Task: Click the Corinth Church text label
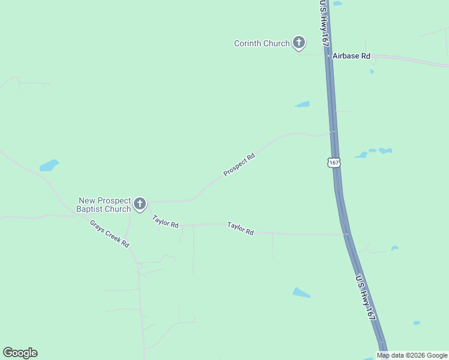(x=262, y=43)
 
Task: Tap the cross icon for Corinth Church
(x=298, y=43)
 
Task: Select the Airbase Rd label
(x=352, y=56)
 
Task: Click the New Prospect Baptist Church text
(x=104, y=205)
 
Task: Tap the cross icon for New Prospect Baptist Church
(x=140, y=204)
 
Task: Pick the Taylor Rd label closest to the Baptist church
(x=165, y=221)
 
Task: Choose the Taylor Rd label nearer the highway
(x=240, y=229)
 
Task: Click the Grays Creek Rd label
(x=110, y=234)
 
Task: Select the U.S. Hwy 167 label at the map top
(x=324, y=23)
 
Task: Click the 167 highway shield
(x=334, y=163)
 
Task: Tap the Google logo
(x=20, y=353)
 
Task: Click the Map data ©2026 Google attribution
(x=412, y=355)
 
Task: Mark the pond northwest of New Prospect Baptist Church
(x=49, y=164)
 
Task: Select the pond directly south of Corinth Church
(x=303, y=104)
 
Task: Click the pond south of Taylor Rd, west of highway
(x=301, y=293)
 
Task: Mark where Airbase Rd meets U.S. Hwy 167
(x=328, y=55)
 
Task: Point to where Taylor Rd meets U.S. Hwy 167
(x=346, y=234)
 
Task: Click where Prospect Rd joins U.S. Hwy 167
(x=333, y=133)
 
